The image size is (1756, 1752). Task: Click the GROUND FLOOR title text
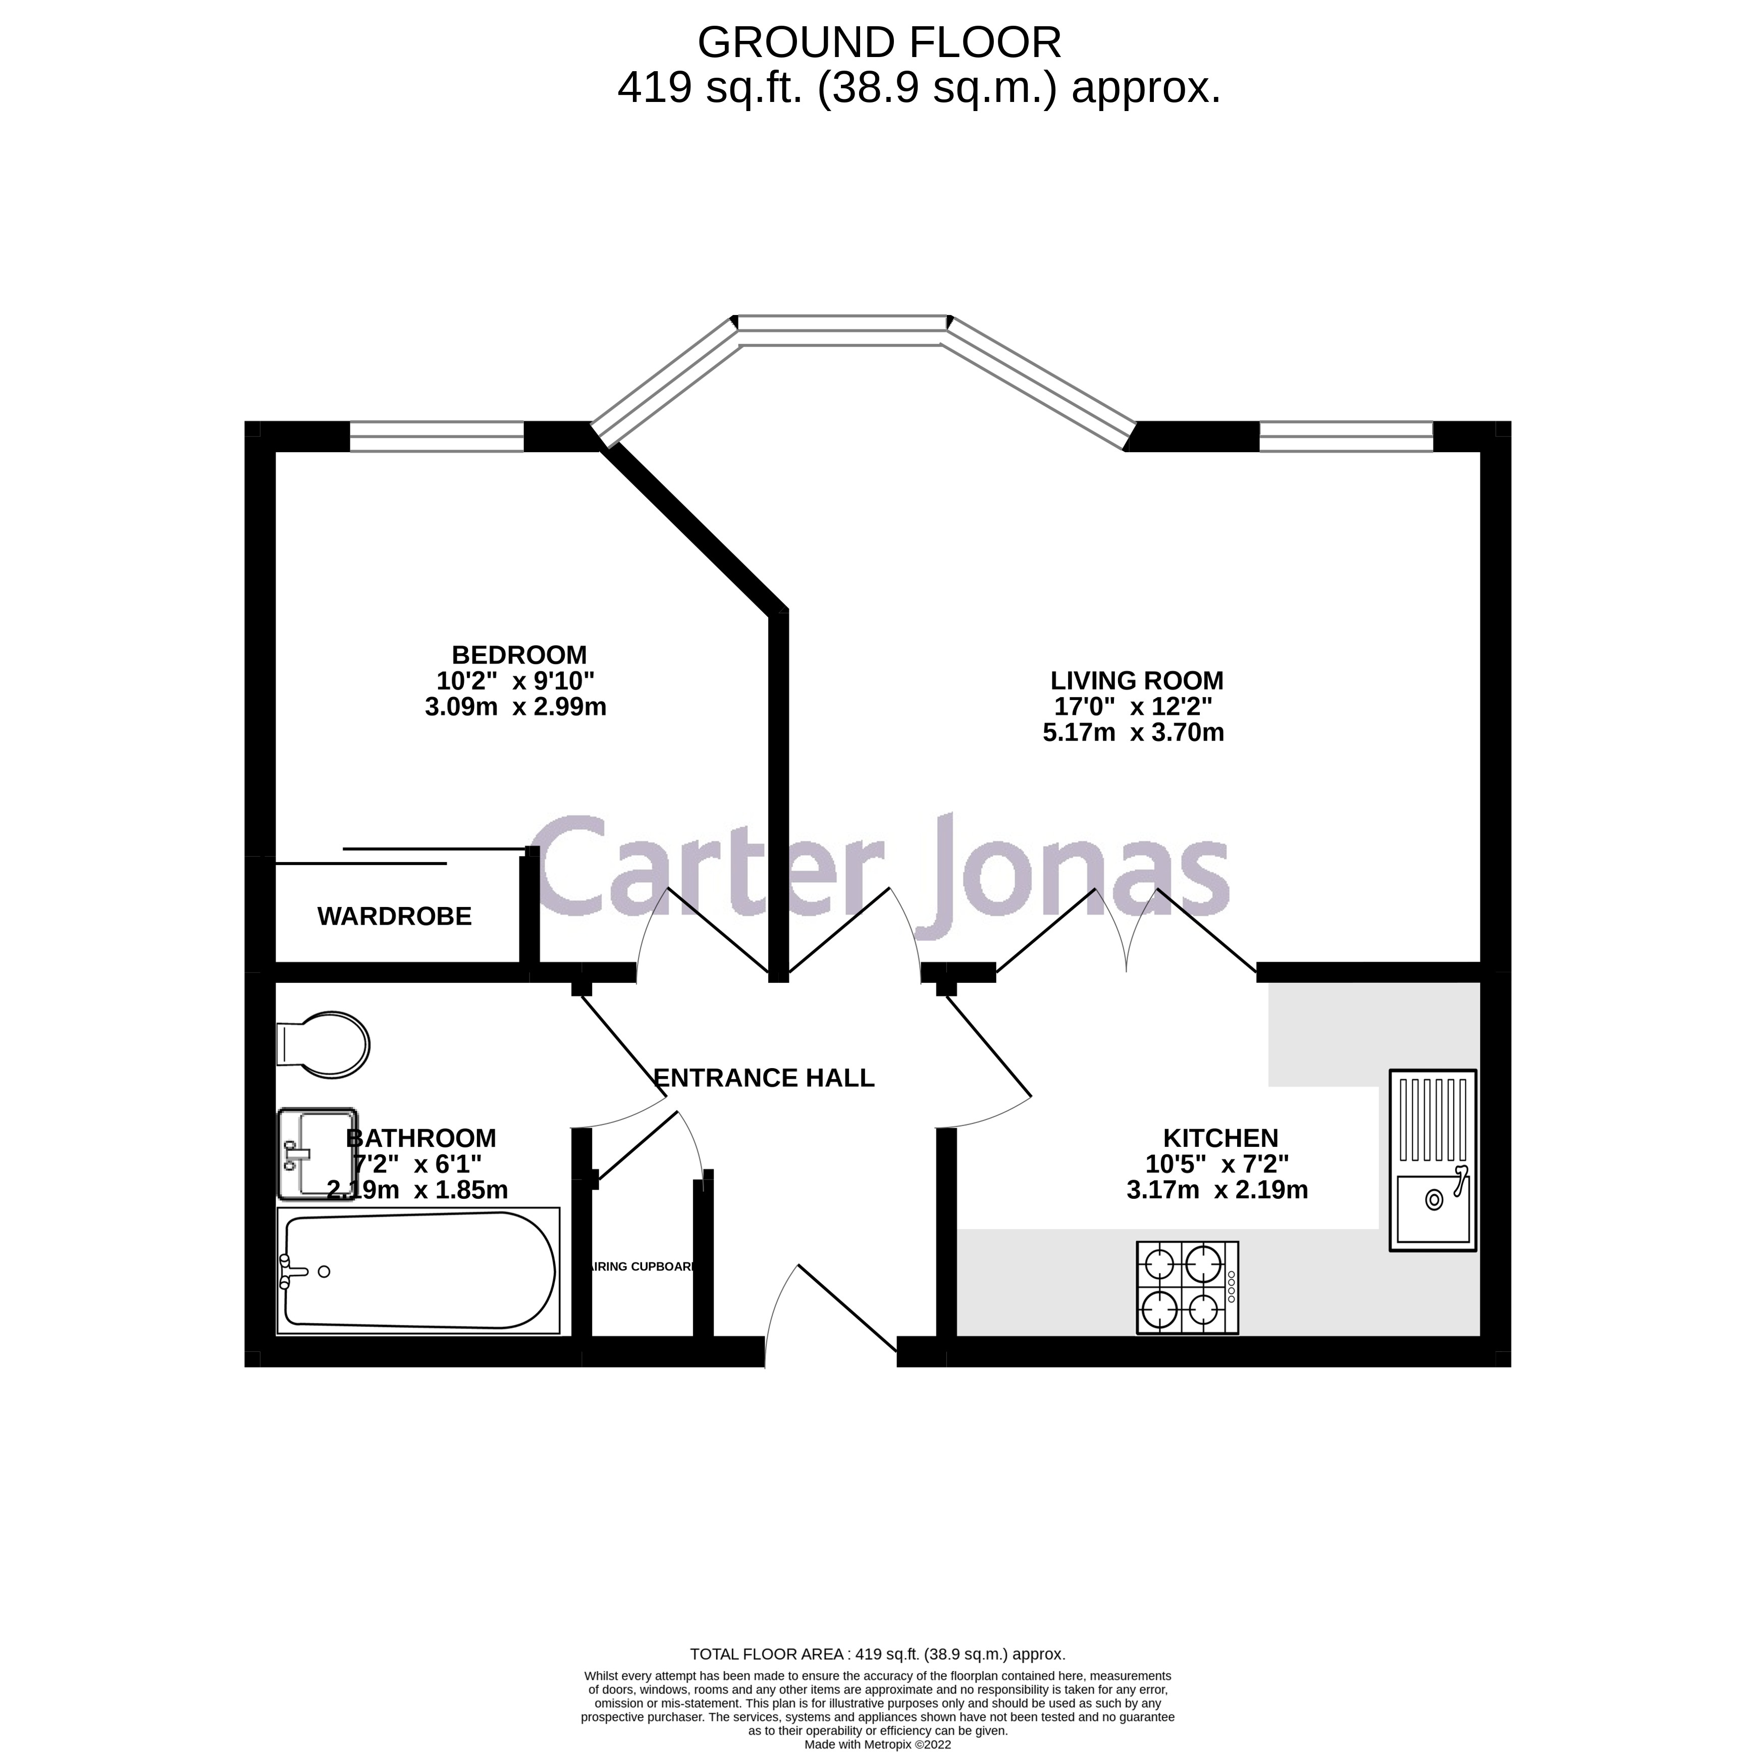(x=878, y=43)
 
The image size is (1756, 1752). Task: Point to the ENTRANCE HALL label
(x=764, y=1078)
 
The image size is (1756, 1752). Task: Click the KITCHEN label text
(x=1220, y=1138)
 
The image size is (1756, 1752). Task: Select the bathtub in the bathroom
(x=418, y=1272)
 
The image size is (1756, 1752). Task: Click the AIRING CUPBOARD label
(x=643, y=1267)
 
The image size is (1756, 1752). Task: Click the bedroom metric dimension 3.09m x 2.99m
(x=515, y=706)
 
